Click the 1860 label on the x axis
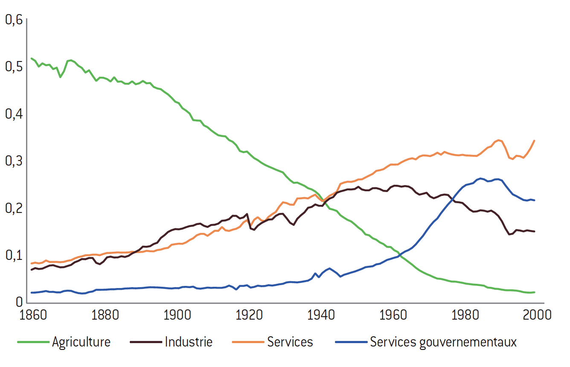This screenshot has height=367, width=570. coord(32,315)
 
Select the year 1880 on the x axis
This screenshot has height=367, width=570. coord(104,315)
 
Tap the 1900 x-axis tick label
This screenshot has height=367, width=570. coord(176,315)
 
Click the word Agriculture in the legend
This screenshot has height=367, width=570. coord(81,342)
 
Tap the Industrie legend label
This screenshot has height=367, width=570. coord(189,342)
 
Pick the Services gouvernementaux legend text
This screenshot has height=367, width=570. coord(443,342)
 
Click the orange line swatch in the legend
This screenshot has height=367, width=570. coord(247,342)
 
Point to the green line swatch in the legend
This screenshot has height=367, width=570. coord(33,342)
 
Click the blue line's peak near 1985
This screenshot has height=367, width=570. coord(481,178)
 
